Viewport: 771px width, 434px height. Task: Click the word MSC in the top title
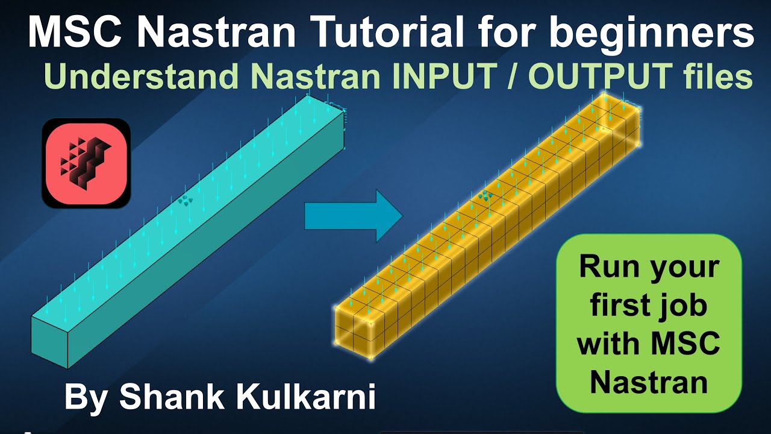[x=75, y=33]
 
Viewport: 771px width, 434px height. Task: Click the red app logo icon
[x=86, y=163]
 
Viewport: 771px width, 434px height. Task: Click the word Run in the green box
[x=610, y=266]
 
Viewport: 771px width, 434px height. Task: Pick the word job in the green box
[x=682, y=306]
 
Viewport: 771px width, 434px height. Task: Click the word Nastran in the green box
[x=649, y=382]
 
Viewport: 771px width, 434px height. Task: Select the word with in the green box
[x=609, y=344]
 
